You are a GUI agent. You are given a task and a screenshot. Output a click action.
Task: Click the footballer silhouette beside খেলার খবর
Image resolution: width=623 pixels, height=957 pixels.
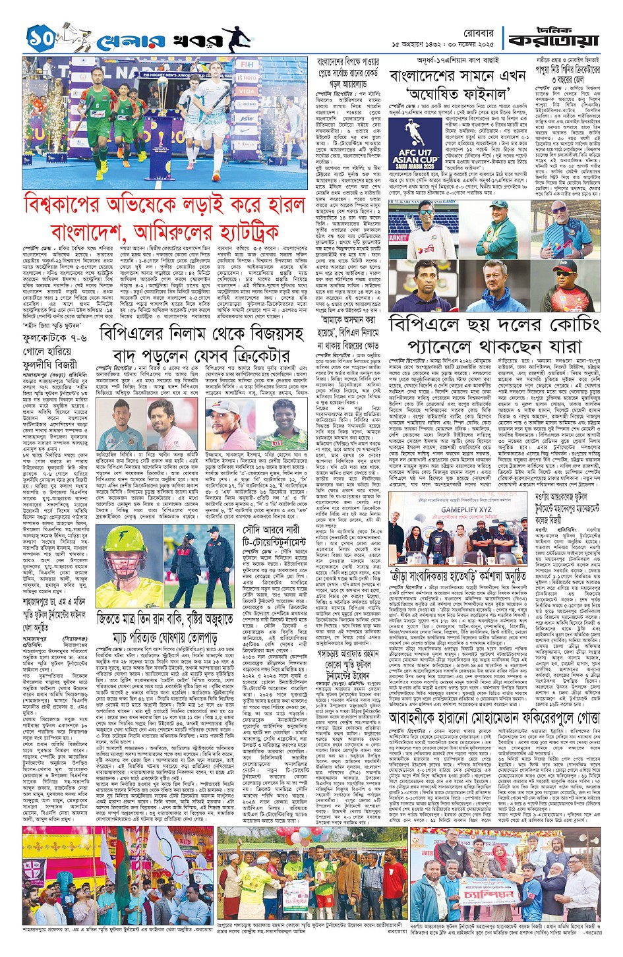pos(235,40)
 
